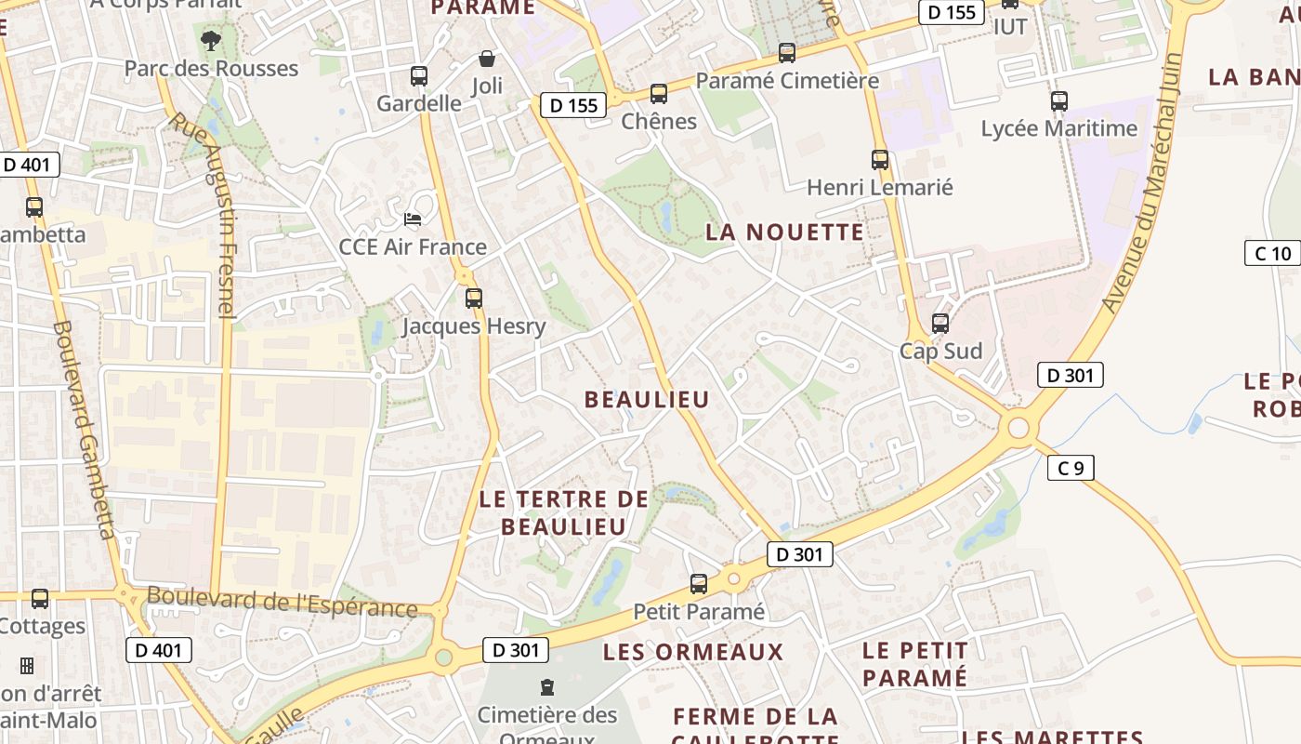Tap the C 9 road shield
coord(1071,468)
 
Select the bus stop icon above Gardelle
coord(419,76)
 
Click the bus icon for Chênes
coord(659,94)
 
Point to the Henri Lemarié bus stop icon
coord(880,160)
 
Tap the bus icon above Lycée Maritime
coord(1059,101)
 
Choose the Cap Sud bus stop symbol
coord(940,324)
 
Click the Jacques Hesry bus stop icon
coord(474,299)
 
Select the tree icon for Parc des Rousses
coord(211,40)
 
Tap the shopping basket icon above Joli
coord(486,60)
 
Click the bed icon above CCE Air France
coord(413,219)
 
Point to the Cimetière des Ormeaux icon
coord(547,687)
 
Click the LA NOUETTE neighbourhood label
coord(784,232)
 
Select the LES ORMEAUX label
coord(693,652)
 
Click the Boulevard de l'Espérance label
coord(282,602)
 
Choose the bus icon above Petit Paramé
coord(699,584)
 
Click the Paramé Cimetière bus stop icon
coord(787,53)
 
